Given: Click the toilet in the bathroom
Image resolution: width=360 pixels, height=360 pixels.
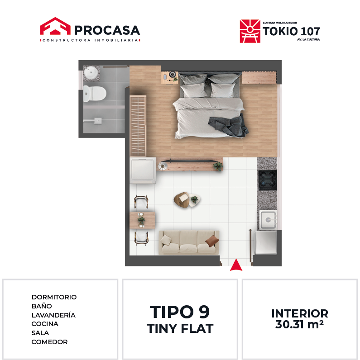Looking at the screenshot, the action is [95, 94].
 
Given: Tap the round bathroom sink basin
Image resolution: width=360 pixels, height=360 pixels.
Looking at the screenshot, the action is [91, 72].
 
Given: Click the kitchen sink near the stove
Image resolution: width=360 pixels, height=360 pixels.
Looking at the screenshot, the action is [268, 220].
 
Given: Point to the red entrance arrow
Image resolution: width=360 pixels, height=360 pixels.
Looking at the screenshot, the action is [236, 265].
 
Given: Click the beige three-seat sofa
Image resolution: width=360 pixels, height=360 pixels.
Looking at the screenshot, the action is [189, 243].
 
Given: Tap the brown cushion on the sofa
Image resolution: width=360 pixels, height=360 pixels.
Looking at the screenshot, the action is [212, 241].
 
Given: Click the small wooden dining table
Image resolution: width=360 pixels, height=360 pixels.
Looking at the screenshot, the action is [142, 220].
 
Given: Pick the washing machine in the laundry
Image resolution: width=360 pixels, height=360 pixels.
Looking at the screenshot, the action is [143, 171].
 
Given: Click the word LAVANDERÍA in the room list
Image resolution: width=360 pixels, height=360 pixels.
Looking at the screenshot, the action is [53, 315].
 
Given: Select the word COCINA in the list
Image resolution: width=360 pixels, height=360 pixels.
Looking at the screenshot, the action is [45, 324].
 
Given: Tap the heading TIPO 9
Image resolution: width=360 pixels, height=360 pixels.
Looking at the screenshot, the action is [180, 312].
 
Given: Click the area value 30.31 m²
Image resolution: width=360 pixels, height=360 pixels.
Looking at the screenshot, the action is [299, 324].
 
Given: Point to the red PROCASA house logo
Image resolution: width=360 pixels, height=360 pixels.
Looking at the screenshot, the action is [55, 26].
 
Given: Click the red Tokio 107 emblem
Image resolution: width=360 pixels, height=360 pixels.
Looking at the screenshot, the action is [250, 31].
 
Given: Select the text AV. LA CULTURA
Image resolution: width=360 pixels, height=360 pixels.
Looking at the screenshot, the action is [308, 40].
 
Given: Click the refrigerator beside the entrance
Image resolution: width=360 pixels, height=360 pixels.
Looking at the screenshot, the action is [265, 242].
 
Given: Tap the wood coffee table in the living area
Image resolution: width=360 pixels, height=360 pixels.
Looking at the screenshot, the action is [182, 200].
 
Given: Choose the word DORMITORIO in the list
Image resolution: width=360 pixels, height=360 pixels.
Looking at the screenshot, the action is [54, 297].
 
